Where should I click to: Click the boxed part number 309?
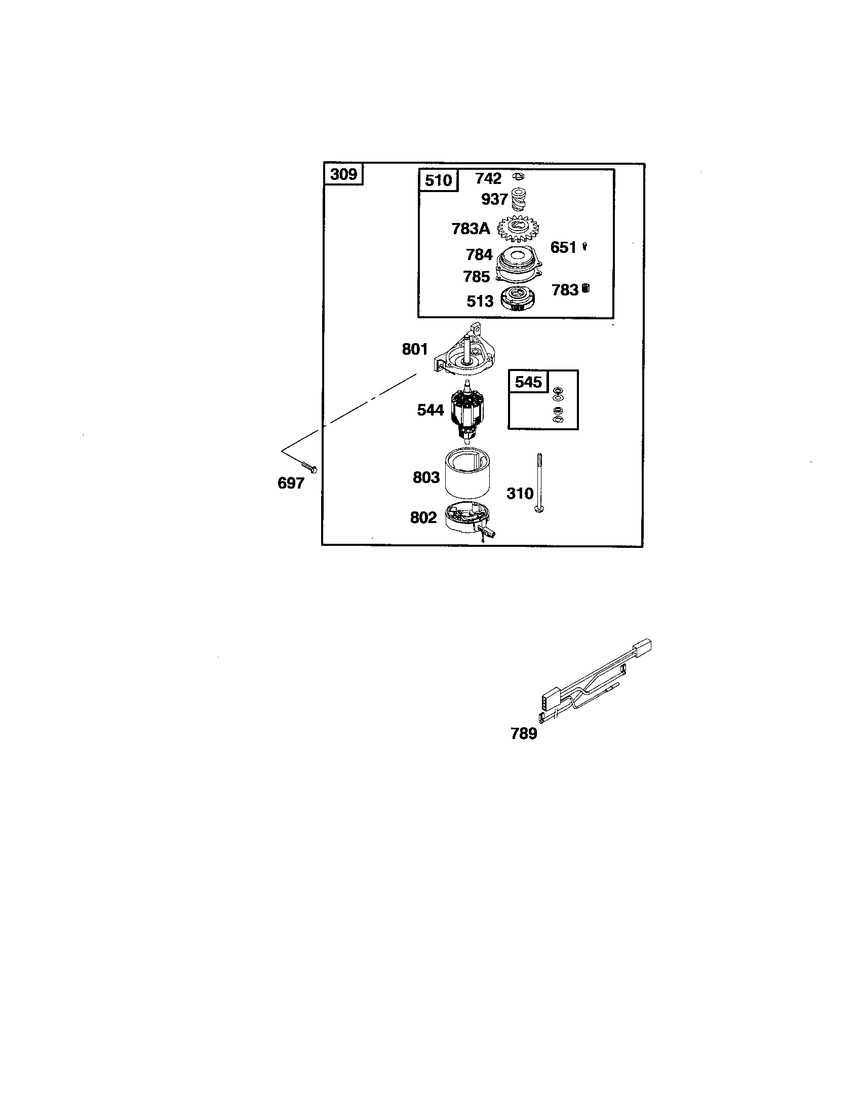tap(344, 175)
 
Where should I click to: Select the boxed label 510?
tap(439, 180)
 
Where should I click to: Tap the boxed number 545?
tap(528, 381)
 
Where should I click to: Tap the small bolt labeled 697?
tap(308, 467)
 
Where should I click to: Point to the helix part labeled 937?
tap(519, 200)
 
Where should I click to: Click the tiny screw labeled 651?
tap(584, 247)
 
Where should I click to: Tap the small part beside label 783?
tap(585, 289)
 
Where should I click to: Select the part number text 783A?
tap(471, 229)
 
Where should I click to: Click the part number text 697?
tap(291, 483)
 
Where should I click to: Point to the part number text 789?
tap(524, 734)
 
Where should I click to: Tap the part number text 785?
tap(477, 277)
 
